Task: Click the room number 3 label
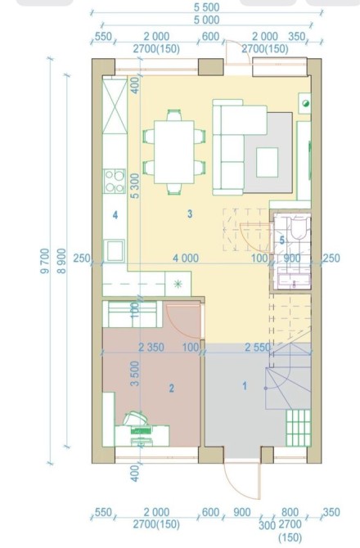click(x=190, y=213)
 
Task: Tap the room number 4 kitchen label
click(x=115, y=214)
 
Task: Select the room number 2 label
click(x=172, y=388)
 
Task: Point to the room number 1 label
click(x=245, y=385)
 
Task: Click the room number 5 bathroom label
click(x=282, y=240)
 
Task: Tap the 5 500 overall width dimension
click(x=206, y=7)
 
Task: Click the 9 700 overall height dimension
click(x=45, y=261)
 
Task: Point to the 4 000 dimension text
click(x=186, y=258)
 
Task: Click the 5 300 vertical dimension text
click(x=135, y=186)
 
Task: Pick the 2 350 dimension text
click(x=151, y=347)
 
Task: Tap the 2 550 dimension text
click(x=258, y=347)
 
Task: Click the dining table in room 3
click(x=174, y=151)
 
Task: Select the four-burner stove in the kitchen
click(x=114, y=181)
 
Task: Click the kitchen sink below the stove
click(x=115, y=250)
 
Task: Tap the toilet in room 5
click(x=298, y=227)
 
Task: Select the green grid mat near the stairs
click(x=298, y=428)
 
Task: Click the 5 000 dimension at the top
click(x=206, y=20)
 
